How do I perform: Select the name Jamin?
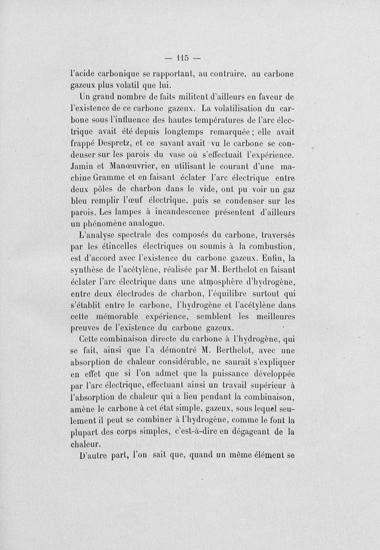82,167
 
